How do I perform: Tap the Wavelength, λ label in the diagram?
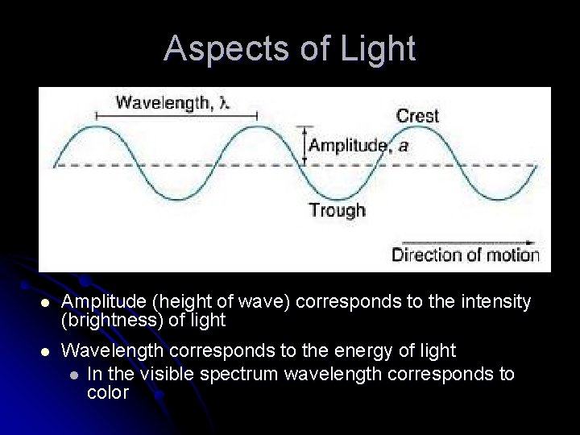(x=172, y=102)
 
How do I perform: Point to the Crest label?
(x=417, y=116)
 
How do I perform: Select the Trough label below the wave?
(x=337, y=210)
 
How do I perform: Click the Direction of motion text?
(x=465, y=255)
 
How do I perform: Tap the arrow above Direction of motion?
(x=467, y=242)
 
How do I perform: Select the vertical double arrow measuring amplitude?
(x=304, y=146)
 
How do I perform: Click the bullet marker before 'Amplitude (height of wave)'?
(x=46, y=303)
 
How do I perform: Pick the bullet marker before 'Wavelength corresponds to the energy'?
(x=46, y=351)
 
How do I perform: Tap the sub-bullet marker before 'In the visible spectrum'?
(x=74, y=375)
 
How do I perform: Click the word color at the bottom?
(x=107, y=392)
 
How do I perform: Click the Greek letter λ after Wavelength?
(x=226, y=102)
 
